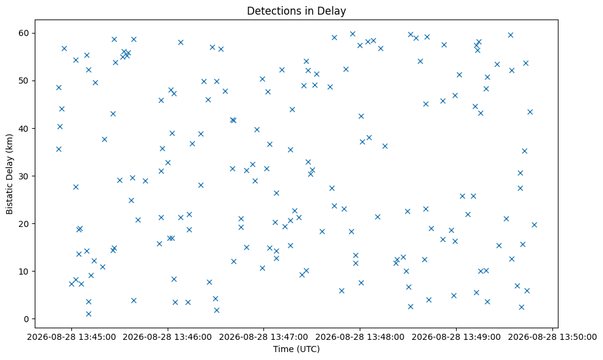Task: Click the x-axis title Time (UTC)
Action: [296, 349]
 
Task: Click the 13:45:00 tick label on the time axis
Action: [98, 337]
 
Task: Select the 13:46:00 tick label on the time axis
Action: [194, 337]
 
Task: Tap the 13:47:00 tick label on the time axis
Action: [290, 337]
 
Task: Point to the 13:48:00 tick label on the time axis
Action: [387, 337]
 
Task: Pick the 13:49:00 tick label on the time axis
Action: [483, 337]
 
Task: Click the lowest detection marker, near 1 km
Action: [88, 314]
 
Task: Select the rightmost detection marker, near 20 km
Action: [534, 225]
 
